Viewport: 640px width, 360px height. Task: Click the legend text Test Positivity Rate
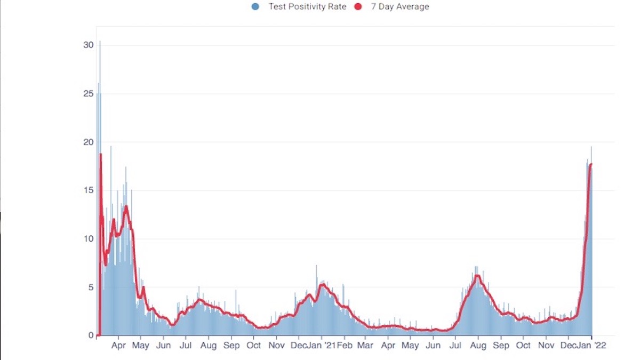[307, 7]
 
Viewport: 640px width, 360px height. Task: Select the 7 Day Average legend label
[400, 7]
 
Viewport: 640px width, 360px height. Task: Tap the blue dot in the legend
[255, 7]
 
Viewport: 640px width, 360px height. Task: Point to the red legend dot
[359, 7]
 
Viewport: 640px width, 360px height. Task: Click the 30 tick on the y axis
[89, 45]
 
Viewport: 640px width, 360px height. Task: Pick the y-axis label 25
[89, 94]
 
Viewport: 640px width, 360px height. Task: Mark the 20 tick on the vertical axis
[89, 142]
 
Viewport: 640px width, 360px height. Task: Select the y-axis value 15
[89, 190]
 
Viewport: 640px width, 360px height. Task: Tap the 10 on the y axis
[89, 239]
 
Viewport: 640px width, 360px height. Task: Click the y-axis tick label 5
[91, 287]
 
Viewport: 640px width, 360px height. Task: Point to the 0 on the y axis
[91, 335]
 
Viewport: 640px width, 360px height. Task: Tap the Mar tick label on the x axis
[365, 346]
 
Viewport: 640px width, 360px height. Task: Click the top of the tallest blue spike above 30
[100, 42]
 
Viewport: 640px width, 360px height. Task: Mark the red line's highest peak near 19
[100, 155]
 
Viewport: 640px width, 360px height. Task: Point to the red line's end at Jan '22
[591, 164]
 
